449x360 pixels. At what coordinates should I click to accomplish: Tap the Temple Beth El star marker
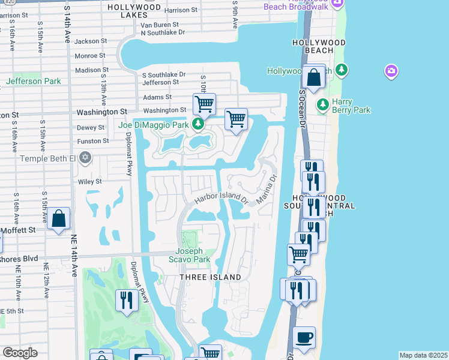click(x=85, y=158)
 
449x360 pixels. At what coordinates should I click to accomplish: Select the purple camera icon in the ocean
click(x=391, y=72)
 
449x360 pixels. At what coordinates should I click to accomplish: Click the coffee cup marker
click(x=304, y=337)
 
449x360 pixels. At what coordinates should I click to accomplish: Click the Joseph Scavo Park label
click(x=193, y=255)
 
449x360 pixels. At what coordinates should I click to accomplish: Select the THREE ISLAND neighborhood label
click(x=211, y=277)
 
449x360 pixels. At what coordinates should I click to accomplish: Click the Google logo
click(x=20, y=353)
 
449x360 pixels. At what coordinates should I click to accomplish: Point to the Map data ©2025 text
click(x=423, y=355)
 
